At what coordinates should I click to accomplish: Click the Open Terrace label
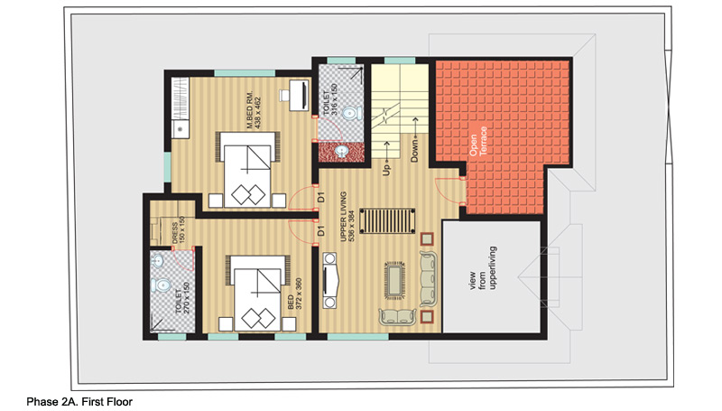pyautogui.click(x=477, y=141)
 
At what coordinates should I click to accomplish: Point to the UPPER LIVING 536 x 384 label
pyautogui.click(x=347, y=217)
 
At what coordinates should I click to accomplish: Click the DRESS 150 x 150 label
pyautogui.click(x=178, y=229)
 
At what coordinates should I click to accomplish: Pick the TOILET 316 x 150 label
pyautogui.click(x=330, y=99)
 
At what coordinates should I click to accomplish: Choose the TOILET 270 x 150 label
pyautogui.click(x=182, y=298)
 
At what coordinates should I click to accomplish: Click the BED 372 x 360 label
pyautogui.click(x=295, y=294)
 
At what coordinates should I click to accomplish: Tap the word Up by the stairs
pyautogui.click(x=386, y=170)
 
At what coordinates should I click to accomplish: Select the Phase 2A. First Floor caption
pyautogui.click(x=79, y=402)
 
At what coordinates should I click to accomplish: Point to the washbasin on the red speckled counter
pyautogui.click(x=342, y=151)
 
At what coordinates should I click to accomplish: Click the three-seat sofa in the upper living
pyautogui.click(x=428, y=279)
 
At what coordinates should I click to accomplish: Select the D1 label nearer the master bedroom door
pyautogui.click(x=321, y=197)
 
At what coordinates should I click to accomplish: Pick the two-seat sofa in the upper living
pyautogui.click(x=397, y=316)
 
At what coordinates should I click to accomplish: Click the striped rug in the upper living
pyautogui.click(x=387, y=221)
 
